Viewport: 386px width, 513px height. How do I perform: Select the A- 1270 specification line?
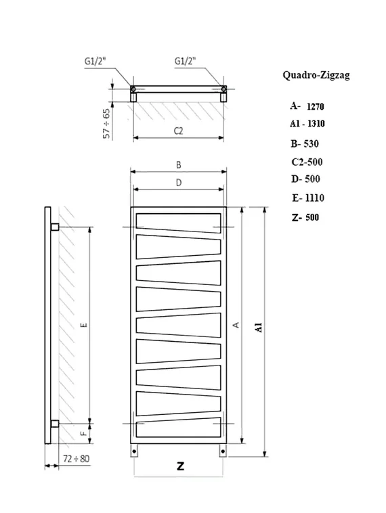pos(307,106)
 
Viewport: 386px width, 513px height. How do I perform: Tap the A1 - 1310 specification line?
pos(307,124)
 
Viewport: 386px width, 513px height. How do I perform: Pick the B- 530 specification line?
pos(304,143)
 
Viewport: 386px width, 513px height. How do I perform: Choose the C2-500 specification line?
pos(306,162)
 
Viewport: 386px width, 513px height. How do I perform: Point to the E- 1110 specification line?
pos(308,198)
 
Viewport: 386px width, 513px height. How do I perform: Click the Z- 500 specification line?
pos(304,217)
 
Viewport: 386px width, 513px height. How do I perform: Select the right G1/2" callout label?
pos(185,62)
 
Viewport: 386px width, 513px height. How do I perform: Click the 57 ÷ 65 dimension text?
pos(107,122)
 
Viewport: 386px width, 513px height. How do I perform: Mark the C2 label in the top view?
pos(179,131)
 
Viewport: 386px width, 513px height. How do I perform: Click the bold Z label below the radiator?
pos(179,466)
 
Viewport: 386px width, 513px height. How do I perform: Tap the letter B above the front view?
pos(178,164)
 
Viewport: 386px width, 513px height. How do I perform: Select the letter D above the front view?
pos(178,182)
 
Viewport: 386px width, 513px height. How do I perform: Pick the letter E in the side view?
pos(83,326)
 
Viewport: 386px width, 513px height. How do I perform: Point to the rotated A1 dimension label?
pos(259,328)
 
